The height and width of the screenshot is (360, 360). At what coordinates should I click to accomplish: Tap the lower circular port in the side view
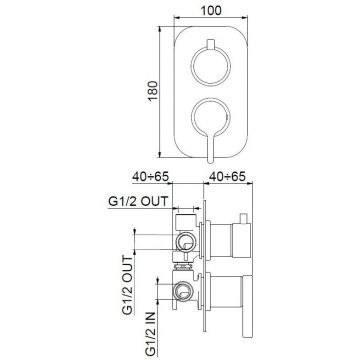186,293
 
